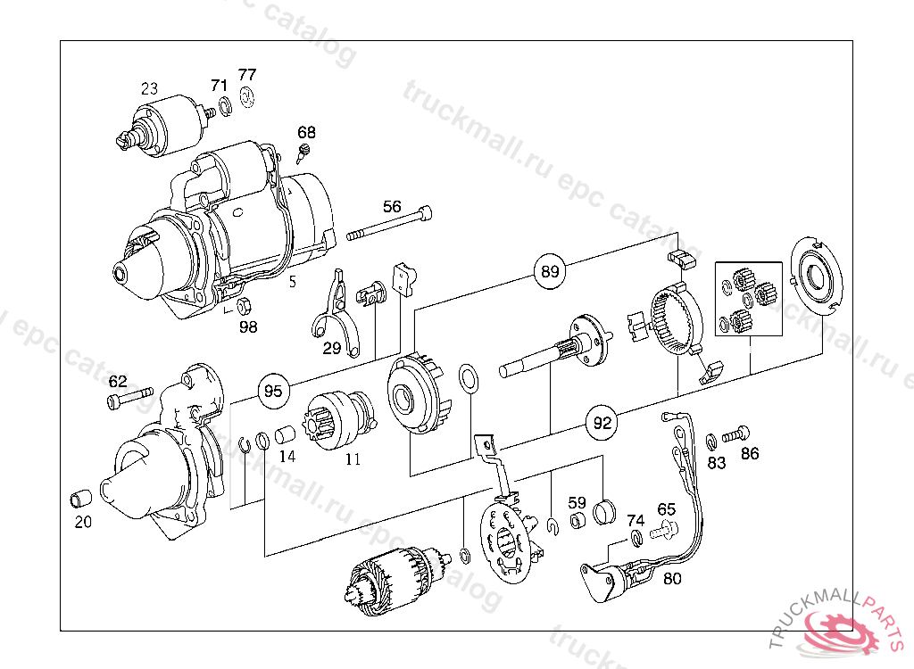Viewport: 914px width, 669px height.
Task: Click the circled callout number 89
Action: tap(550, 271)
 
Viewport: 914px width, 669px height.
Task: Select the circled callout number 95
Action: tap(273, 391)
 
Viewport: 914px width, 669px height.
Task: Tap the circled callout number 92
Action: tap(602, 423)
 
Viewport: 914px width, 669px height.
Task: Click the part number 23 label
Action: tap(149, 88)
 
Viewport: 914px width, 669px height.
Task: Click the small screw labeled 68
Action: tap(303, 153)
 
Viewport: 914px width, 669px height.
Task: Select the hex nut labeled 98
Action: tap(245, 304)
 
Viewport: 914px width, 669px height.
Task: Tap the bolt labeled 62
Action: tap(129, 398)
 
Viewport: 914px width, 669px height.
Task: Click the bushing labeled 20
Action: tap(81, 499)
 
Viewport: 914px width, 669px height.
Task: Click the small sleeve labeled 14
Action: tap(285, 434)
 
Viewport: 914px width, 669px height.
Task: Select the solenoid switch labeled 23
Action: tap(165, 129)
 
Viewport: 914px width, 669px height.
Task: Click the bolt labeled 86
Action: tap(735, 434)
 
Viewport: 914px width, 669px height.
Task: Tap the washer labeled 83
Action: tap(711, 442)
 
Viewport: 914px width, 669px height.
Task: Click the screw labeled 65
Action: tap(664, 530)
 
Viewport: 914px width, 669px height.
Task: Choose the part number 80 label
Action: tap(672, 579)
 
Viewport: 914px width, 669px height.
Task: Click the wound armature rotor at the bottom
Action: tap(397, 580)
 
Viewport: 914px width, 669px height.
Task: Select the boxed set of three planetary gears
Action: tap(749, 299)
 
